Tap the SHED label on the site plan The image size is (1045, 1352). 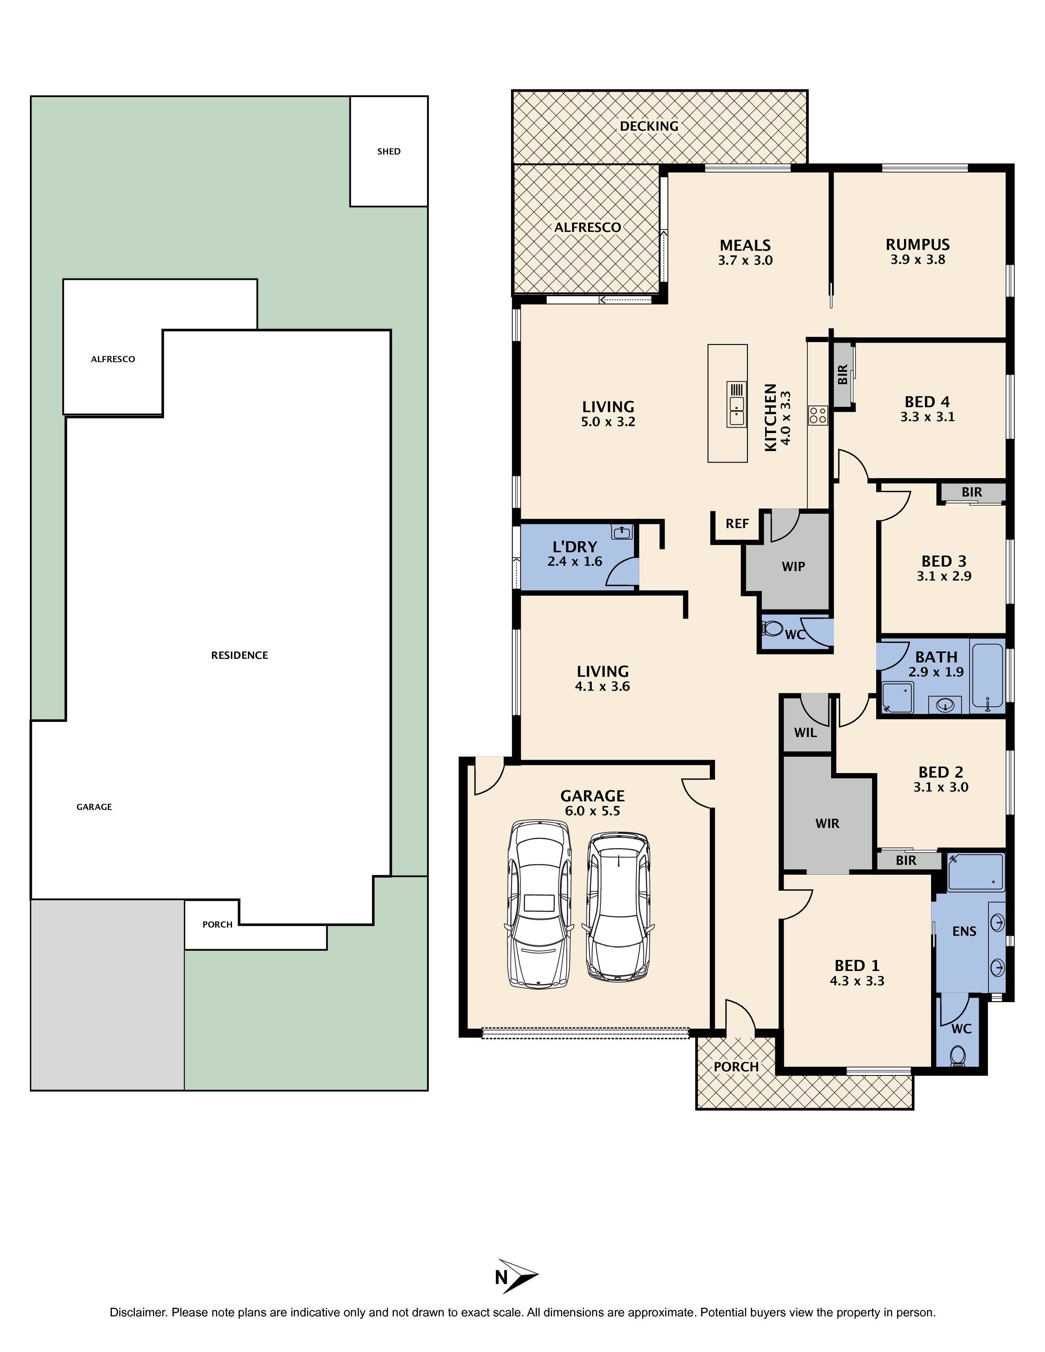389,151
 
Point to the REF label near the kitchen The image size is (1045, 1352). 737,524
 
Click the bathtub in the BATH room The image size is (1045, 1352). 988,676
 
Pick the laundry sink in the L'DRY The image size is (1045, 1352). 621,532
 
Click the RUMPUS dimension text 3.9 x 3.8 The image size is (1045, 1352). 918,260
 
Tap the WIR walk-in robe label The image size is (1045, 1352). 827,823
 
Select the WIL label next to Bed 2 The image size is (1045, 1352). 805,733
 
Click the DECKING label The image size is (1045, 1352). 649,126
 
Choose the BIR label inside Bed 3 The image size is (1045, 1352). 971,492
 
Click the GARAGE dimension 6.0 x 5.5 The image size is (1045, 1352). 593,811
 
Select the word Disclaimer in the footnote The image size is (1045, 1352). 138,1312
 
